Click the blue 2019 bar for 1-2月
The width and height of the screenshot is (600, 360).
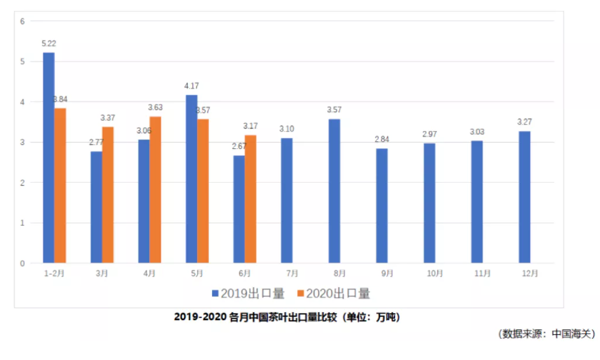pos(49,158)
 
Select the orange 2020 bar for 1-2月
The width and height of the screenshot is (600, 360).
pos(60,185)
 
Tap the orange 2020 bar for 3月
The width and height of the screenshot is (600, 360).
pos(108,195)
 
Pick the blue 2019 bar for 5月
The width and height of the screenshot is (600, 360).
pos(191,179)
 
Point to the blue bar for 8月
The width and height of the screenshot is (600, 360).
pos(334,191)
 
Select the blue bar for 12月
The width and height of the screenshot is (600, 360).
pos(524,197)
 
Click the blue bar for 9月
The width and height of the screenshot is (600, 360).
pos(381,206)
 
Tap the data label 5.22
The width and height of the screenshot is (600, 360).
pos(48,44)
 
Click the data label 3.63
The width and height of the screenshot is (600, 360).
pos(155,107)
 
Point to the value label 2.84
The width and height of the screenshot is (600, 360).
pos(381,139)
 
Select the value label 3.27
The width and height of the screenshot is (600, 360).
pos(524,122)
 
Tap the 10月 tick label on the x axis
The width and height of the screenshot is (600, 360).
pos(429,272)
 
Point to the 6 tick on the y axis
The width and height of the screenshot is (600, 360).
pos(22,21)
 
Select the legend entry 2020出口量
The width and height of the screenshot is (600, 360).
pos(337,293)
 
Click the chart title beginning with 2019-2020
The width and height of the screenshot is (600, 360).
pos(285,317)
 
